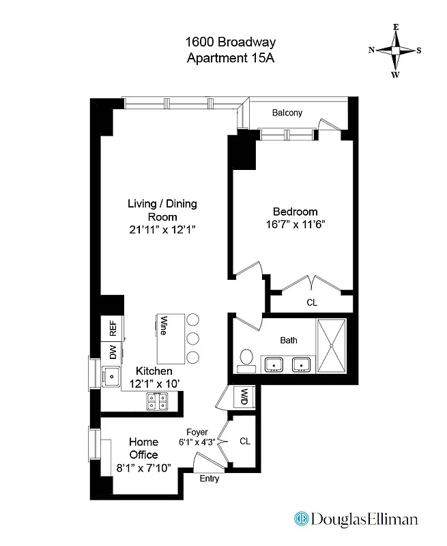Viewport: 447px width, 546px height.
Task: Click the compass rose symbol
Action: pyautogui.click(x=395, y=51)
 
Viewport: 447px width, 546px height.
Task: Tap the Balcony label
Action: pyautogui.click(x=287, y=113)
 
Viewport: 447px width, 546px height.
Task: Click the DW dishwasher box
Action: pyautogui.click(x=112, y=352)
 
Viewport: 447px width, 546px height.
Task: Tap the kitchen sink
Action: pyautogui.click(x=109, y=375)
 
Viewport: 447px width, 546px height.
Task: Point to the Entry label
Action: pyautogui.click(x=210, y=478)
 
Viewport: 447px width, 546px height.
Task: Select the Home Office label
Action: pyautogui.click(x=143, y=448)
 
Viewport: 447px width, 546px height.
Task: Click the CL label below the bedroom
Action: pyautogui.click(x=312, y=302)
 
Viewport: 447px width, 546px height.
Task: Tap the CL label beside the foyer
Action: pyautogui.click(x=245, y=442)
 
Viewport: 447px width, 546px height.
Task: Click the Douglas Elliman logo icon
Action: pyautogui.click(x=300, y=519)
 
